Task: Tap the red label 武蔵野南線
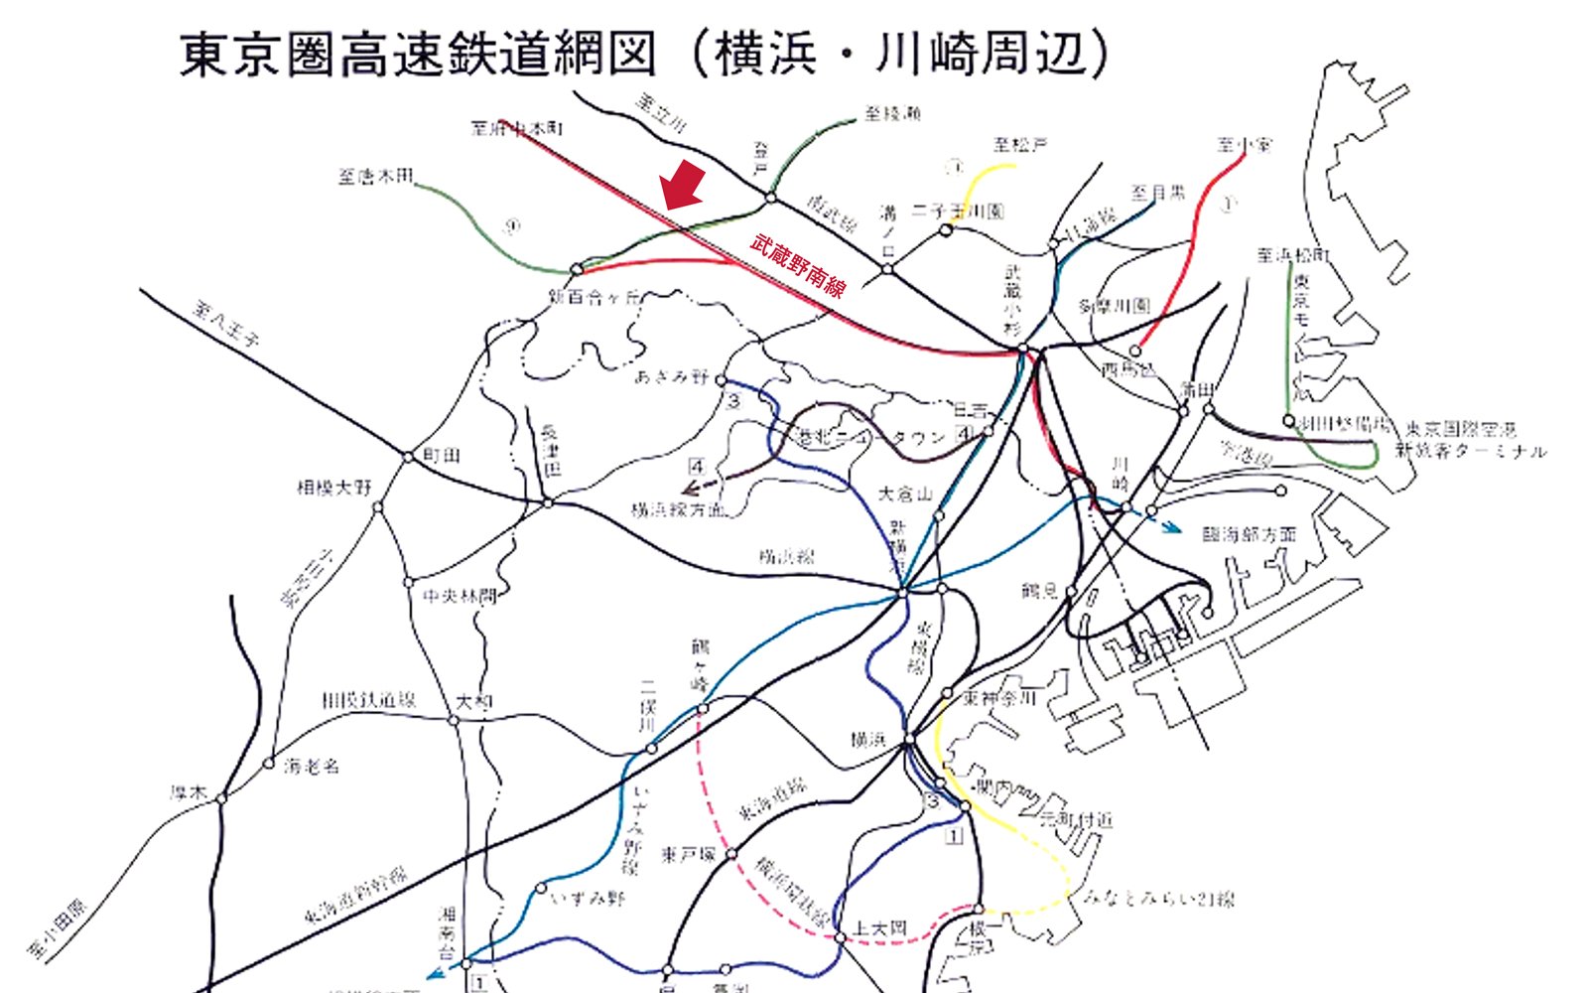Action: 798,265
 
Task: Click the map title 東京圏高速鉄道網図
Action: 417,54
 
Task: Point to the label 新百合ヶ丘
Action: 594,296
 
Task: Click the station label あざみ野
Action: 672,377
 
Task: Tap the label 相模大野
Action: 333,488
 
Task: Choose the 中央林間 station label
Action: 459,597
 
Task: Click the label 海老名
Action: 312,767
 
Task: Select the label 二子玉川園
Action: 958,211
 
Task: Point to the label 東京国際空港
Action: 1460,429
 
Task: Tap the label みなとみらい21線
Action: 1158,899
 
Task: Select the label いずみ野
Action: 589,899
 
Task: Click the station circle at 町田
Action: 408,457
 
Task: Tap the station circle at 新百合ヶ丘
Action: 576,268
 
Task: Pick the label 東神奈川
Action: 999,698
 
